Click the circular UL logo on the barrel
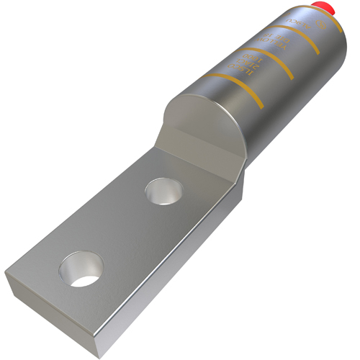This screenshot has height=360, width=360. (x=321, y=24)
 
